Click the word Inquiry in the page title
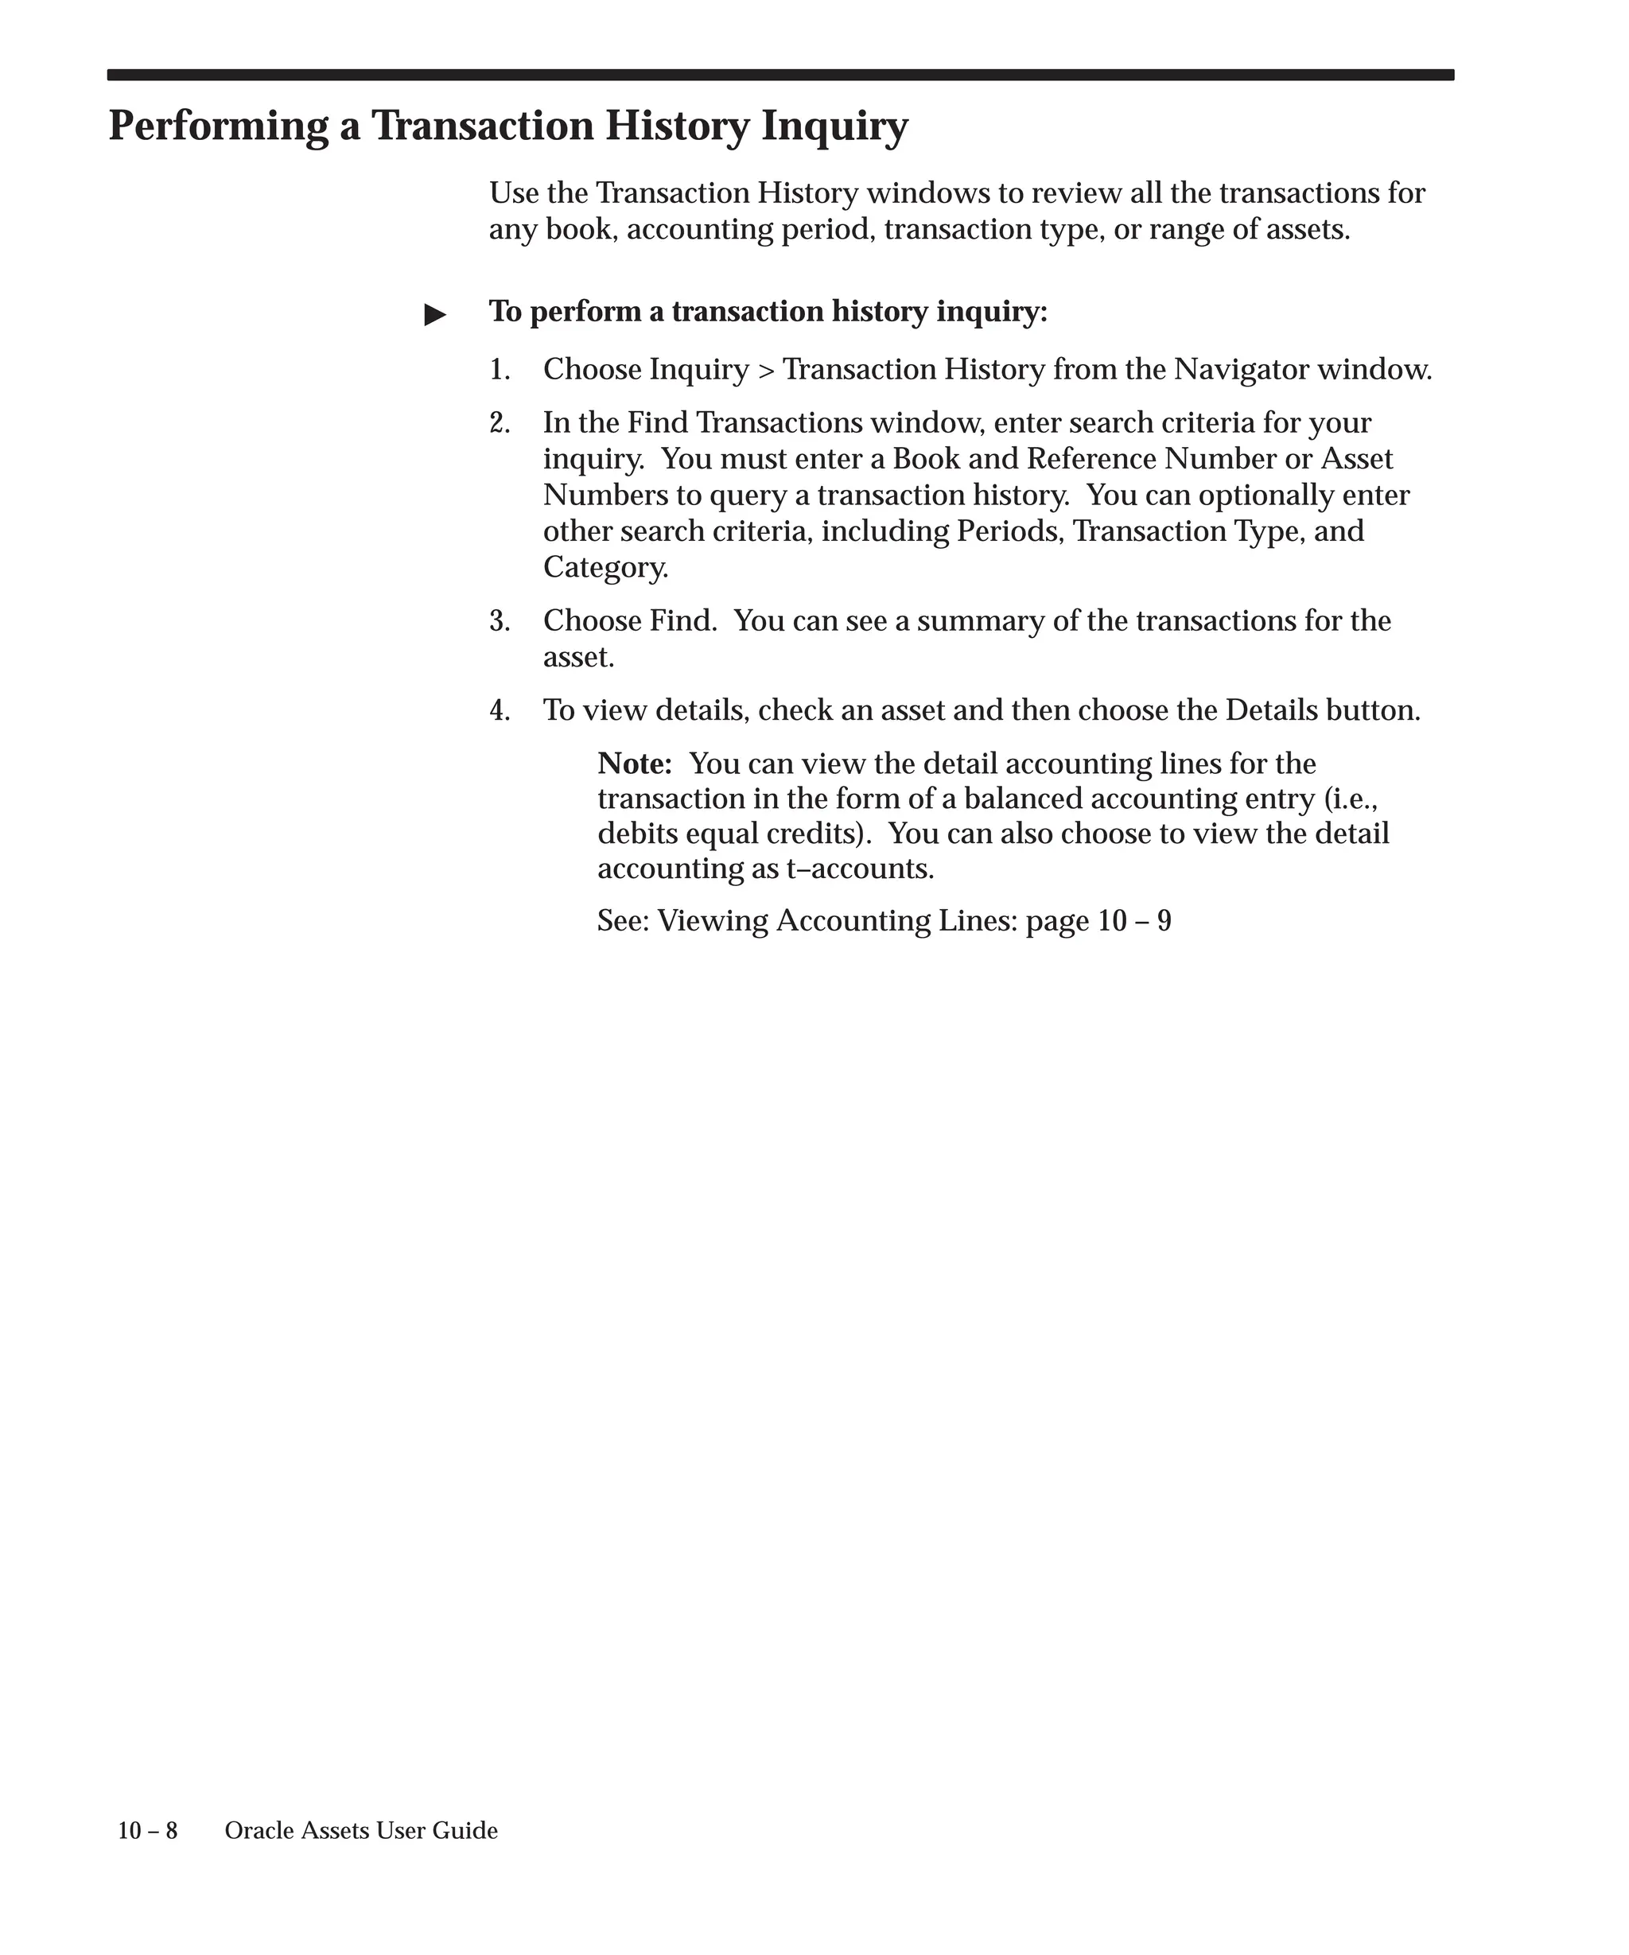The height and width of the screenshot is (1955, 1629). pyautogui.click(x=834, y=126)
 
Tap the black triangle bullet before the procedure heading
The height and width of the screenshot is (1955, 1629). pyautogui.click(x=435, y=315)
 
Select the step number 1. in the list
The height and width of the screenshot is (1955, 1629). pyautogui.click(x=500, y=371)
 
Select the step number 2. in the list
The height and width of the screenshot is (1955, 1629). pyautogui.click(x=500, y=424)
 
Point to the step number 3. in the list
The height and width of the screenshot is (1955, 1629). pyautogui.click(x=500, y=621)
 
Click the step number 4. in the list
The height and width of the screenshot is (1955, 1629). pyautogui.click(x=500, y=711)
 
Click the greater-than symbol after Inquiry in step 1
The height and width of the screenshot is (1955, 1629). pyautogui.click(x=766, y=371)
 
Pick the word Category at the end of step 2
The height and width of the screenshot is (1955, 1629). pyautogui.click(x=605, y=568)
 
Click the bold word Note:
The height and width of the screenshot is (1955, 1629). pyautogui.click(x=635, y=764)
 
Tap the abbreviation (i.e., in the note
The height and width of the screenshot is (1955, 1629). pyautogui.click(x=1350, y=799)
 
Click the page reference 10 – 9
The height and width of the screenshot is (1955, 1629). pyautogui.click(x=1133, y=922)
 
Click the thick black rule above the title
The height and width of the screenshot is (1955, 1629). pyautogui.click(x=780, y=76)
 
